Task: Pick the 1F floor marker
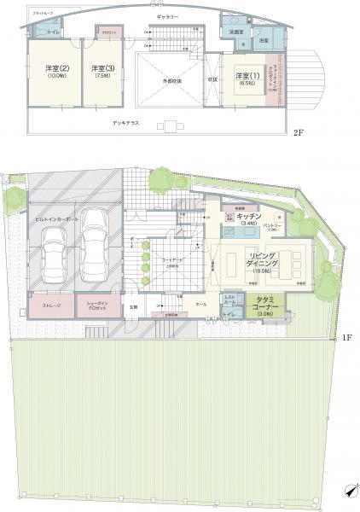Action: coord(346,338)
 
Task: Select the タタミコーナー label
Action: coord(264,302)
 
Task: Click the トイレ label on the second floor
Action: coord(53,31)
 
